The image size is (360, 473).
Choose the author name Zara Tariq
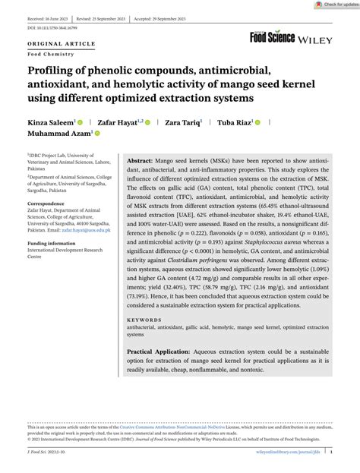pyautogui.click(x=183, y=121)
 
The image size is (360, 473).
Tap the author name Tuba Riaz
pyautogui.click(x=236, y=121)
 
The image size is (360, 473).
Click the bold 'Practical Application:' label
pyautogui.click(x=159, y=352)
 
